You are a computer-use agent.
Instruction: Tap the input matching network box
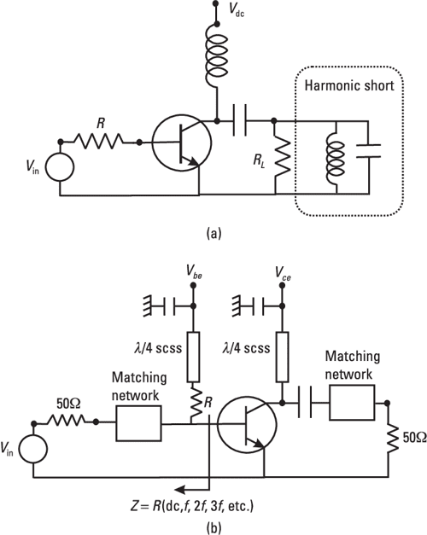click(x=138, y=421)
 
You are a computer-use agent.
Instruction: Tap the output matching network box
click(x=352, y=401)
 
